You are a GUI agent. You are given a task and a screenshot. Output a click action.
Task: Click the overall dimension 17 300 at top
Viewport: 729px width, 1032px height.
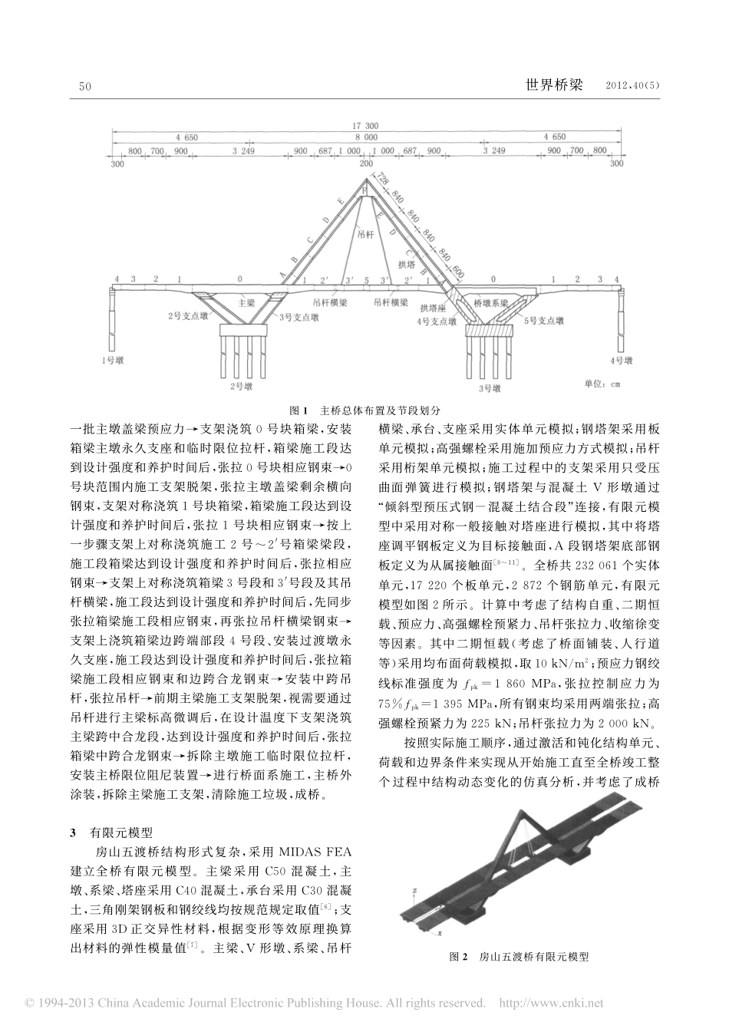click(x=364, y=124)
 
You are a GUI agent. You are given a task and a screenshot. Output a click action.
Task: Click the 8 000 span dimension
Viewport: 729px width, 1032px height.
click(x=364, y=137)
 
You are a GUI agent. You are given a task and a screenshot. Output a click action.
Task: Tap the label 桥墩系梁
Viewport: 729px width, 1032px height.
click(x=491, y=304)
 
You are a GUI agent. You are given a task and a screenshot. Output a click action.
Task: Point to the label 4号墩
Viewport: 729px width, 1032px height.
click(x=620, y=358)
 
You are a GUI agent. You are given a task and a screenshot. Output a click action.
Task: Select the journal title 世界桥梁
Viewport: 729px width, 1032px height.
click(x=553, y=86)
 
